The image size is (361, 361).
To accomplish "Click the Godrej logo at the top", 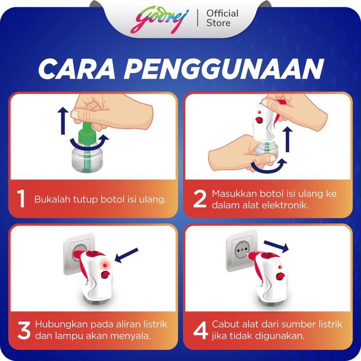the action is [159, 20].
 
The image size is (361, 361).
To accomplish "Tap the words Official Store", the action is [222, 18].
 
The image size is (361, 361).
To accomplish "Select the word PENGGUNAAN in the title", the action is [224, 69].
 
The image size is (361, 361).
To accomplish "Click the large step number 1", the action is [21, 199].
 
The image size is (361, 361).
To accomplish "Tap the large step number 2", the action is [200, 199].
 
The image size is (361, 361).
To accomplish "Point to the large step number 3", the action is [24, 331].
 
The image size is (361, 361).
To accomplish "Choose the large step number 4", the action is [200, 331].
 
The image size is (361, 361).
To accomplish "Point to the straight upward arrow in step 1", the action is [63, 121].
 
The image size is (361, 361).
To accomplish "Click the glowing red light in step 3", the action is [105, 265].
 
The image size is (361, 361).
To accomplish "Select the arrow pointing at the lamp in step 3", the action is [126, 255].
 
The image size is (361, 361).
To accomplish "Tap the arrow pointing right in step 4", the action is [276, 246].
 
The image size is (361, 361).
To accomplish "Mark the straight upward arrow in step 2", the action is [287, 139].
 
